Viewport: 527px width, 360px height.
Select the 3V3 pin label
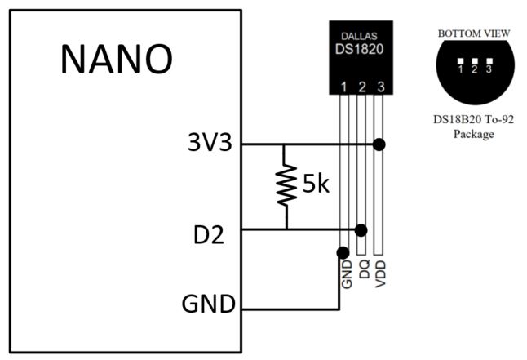[208, 144]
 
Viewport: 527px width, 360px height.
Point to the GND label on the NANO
[207, 307]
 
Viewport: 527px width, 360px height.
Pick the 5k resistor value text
[316, 184]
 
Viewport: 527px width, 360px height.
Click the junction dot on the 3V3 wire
[379, 144]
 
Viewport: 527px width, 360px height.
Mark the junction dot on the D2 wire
[361, 229]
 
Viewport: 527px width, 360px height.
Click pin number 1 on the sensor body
[344, 86]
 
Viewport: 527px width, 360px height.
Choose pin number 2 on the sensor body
[362, 86]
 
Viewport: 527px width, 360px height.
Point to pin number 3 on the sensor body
[379, 86]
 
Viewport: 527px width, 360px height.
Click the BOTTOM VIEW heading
[474, 33]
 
